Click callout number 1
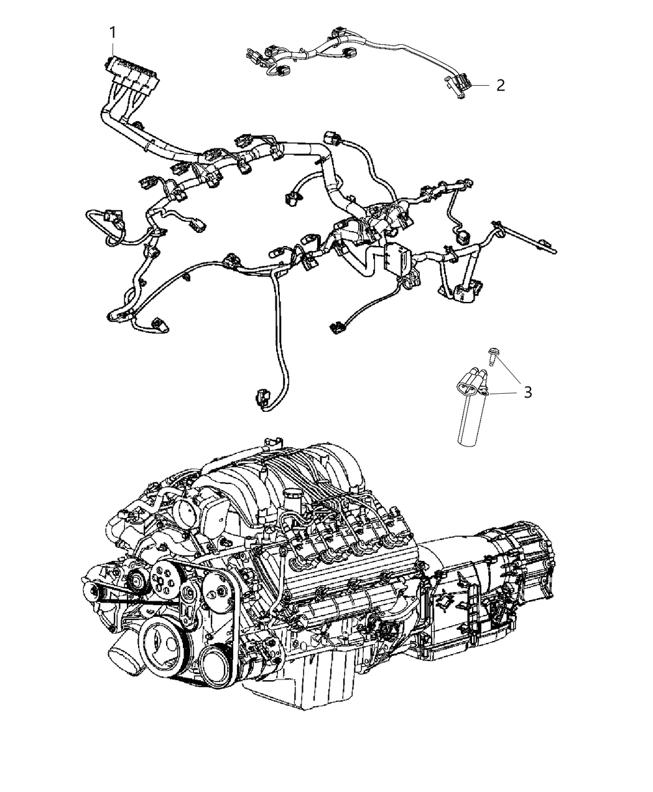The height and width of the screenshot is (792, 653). [113, 31]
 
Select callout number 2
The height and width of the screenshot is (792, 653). [500, 86]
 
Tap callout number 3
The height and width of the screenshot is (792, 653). [527, 392]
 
